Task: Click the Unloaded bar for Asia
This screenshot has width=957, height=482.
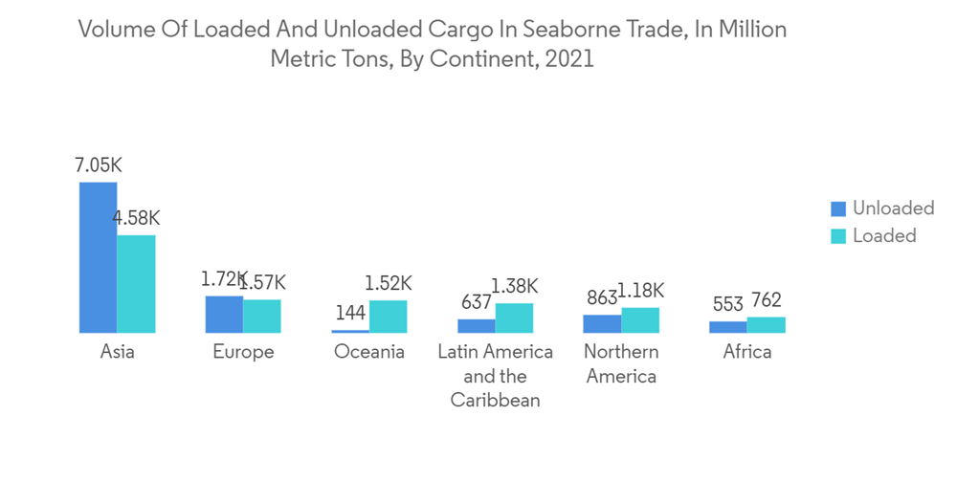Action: [98, 257]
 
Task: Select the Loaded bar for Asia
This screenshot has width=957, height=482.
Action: [136, 284]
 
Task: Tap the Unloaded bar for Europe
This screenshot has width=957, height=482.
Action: [224, 314]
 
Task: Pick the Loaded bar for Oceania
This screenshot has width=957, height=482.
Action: [388, 317]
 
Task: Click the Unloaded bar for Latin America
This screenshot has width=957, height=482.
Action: [476, 326]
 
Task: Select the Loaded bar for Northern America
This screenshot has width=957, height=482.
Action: [640, 320]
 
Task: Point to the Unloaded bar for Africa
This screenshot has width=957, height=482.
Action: [727, 327]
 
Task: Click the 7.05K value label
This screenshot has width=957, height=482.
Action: [98, 165]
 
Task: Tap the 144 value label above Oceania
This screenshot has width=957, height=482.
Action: [350, 314]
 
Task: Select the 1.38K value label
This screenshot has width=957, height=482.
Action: [515, 285]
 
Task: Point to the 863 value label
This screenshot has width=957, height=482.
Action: [602, 297]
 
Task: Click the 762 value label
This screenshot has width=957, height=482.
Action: [766, 301]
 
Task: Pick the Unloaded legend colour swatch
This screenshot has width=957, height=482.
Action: [839, 208]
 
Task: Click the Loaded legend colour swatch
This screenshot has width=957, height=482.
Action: [839, 235]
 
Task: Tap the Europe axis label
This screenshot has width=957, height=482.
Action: [243, 352]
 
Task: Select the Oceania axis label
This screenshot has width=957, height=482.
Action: [369, 352]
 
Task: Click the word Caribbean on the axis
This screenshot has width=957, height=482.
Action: [495, 400]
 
